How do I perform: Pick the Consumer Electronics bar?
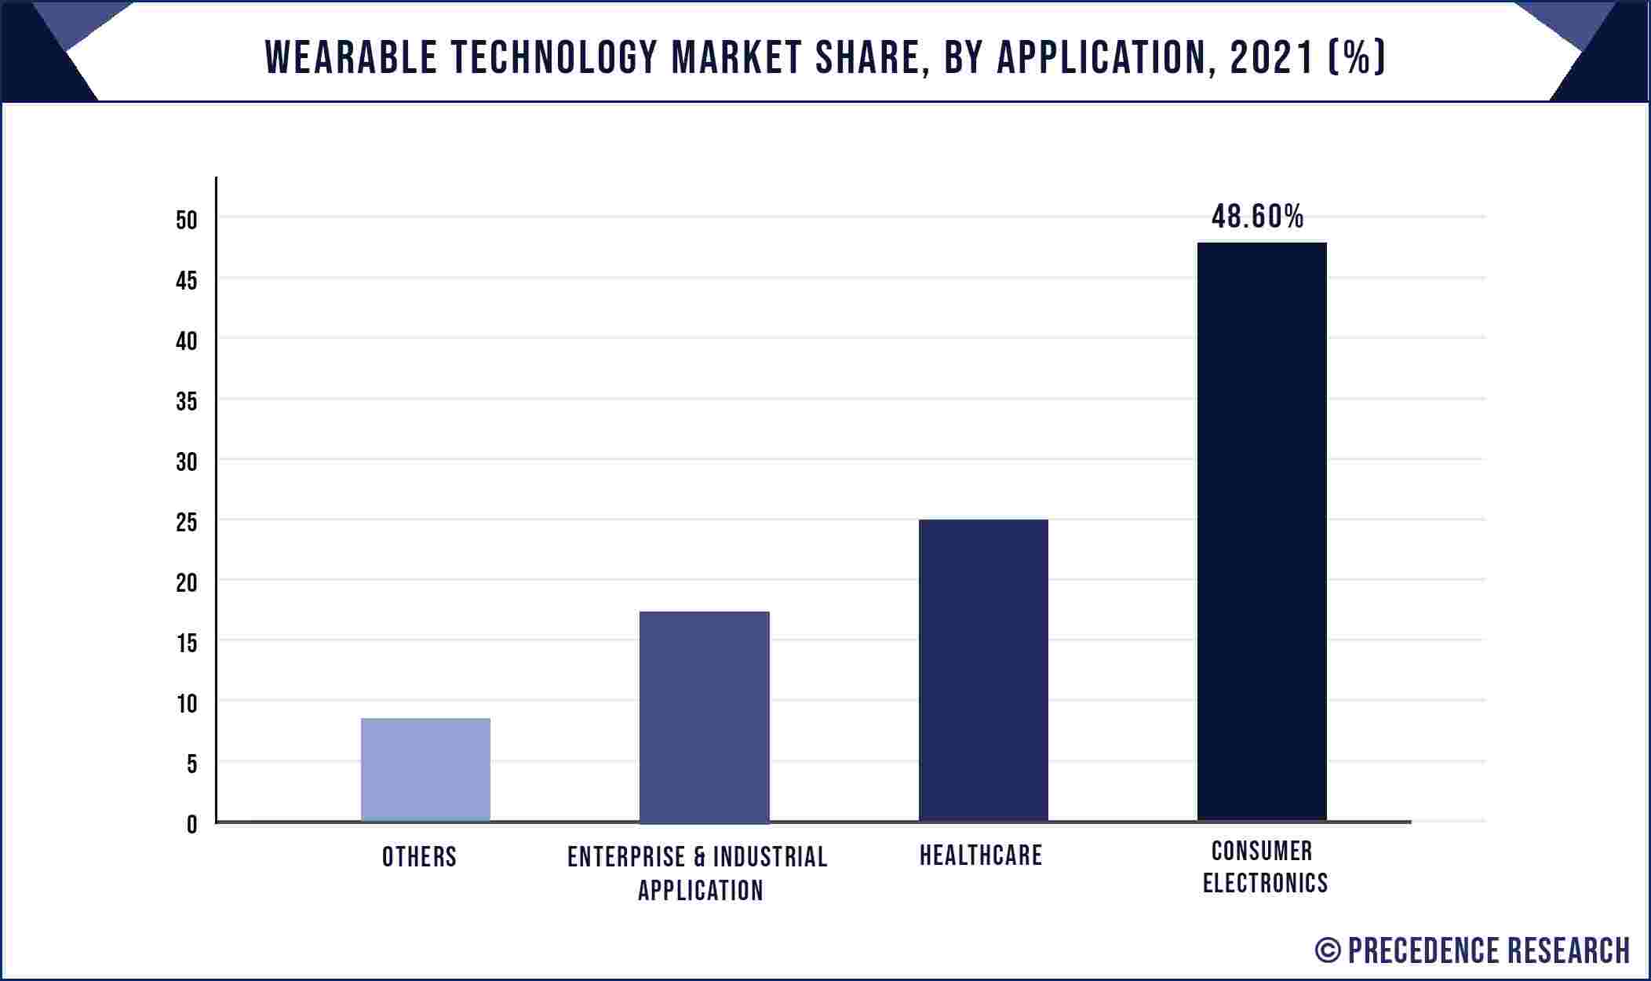(1262, 531)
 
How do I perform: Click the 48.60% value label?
(1257, 217)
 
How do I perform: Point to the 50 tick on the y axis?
(187, 221)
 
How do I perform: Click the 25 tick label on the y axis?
(187, 523)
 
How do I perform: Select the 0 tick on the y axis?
(191, 825)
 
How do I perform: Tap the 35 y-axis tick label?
(187, 402)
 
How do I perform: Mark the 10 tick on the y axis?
(187, 704)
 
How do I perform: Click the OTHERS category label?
(419, 857)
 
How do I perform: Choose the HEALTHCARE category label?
(981, 855)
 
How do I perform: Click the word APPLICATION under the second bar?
(700, 891)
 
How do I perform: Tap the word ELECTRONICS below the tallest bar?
(1265, 884)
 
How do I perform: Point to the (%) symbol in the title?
(1357, 58)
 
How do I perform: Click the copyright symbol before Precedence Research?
(1328, 951)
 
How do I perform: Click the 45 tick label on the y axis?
(187, 281)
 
